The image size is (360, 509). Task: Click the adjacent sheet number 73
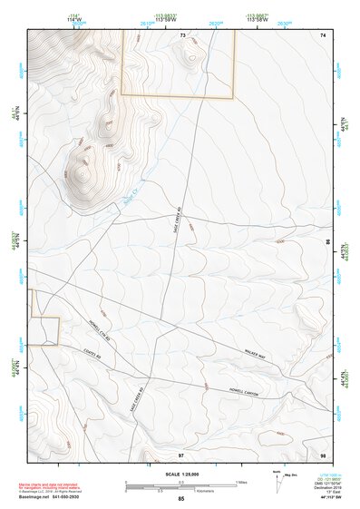tap(181, 34)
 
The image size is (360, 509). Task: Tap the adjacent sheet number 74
tap(323, 34)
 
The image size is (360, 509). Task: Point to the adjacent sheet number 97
tap(181, 453)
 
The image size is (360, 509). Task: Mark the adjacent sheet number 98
tap(323, 453)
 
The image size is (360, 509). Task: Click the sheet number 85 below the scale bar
tap(180, 500)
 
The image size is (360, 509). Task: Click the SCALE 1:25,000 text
tap(180, 475)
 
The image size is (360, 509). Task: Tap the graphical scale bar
tap(180, 486)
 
